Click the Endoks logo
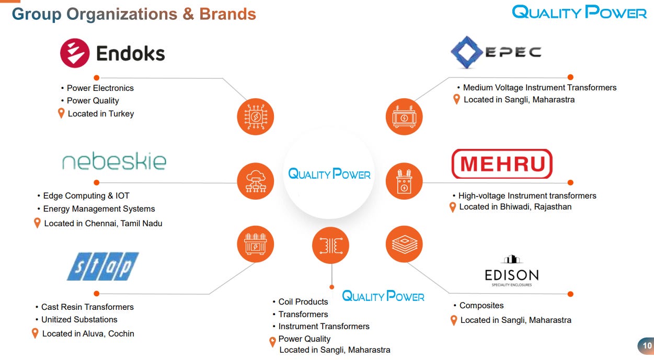tap(112, 53)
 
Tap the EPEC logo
tap(496, 52)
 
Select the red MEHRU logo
tap(501, 164)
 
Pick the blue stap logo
tap(103, 266)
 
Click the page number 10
tap(647, 346)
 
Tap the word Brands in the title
tap(227, 14)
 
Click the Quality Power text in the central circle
tap(329, 174)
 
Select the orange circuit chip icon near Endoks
tap(256, 117)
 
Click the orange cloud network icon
tap(256, 181)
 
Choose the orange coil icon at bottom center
tap(330, 245)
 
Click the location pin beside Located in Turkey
tap(61, 113)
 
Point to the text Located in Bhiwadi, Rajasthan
tap(515, 207)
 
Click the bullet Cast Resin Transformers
tap(87, 307)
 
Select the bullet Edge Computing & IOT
tap(86, 196)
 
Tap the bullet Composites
tap(481, 306)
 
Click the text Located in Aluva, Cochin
tap(88, 334)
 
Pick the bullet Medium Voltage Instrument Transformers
tap(540, 88)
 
